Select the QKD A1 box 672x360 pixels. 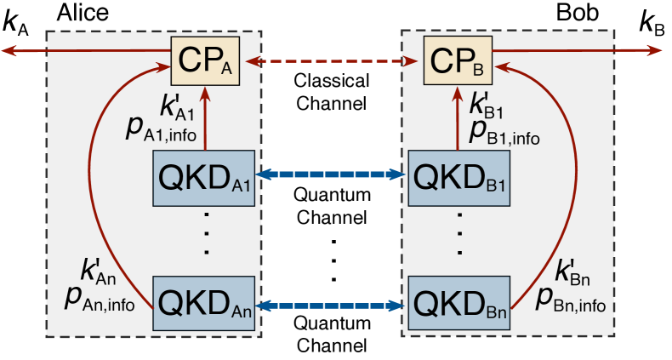204,176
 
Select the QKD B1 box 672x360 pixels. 460,176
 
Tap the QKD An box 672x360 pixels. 204,303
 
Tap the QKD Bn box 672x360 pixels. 460,303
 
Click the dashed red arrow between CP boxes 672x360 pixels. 333,61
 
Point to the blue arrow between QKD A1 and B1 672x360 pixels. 333,175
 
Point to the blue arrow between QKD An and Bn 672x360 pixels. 333,303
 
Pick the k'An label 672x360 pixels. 97,272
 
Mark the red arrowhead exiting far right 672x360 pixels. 655,51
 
